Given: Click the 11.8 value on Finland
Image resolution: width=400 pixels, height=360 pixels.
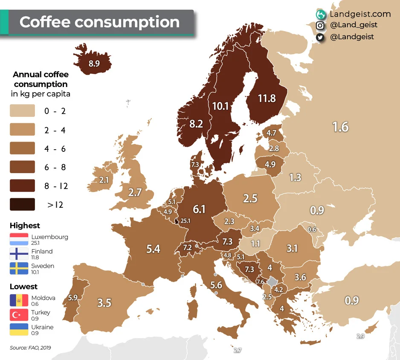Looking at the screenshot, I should click(x=267, y=99).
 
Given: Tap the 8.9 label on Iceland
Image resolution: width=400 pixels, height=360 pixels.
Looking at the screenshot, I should click(x=94, y=64).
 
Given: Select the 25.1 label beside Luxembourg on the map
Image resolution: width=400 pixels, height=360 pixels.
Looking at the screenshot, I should click(x=186, y=221).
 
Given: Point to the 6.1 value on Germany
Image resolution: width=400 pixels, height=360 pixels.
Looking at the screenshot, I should click(x=199, y=209).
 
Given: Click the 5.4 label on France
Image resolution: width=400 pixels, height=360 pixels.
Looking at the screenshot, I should click(x=153, y=248).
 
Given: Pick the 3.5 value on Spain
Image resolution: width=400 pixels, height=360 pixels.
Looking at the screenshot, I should click(x=104, y=303).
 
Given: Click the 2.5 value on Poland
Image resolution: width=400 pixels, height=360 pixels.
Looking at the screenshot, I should click(x=250, y=198).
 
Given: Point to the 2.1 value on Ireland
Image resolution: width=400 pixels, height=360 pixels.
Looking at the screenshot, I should click(x=104, y=180).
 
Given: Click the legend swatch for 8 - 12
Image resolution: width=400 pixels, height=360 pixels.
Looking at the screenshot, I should click(x=22, y=186).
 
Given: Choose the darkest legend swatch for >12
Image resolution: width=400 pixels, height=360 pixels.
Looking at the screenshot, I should click(x=22, y=205).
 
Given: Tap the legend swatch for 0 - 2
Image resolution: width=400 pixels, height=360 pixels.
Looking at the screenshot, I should click(x=22, y=112).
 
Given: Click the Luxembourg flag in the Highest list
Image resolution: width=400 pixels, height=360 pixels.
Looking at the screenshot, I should click(x=19, y=239).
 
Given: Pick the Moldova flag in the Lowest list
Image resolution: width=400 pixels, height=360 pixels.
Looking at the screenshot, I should click(x=19, y=300).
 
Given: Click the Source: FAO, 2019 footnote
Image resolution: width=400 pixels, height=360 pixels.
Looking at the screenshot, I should click(x=30, y=348).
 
